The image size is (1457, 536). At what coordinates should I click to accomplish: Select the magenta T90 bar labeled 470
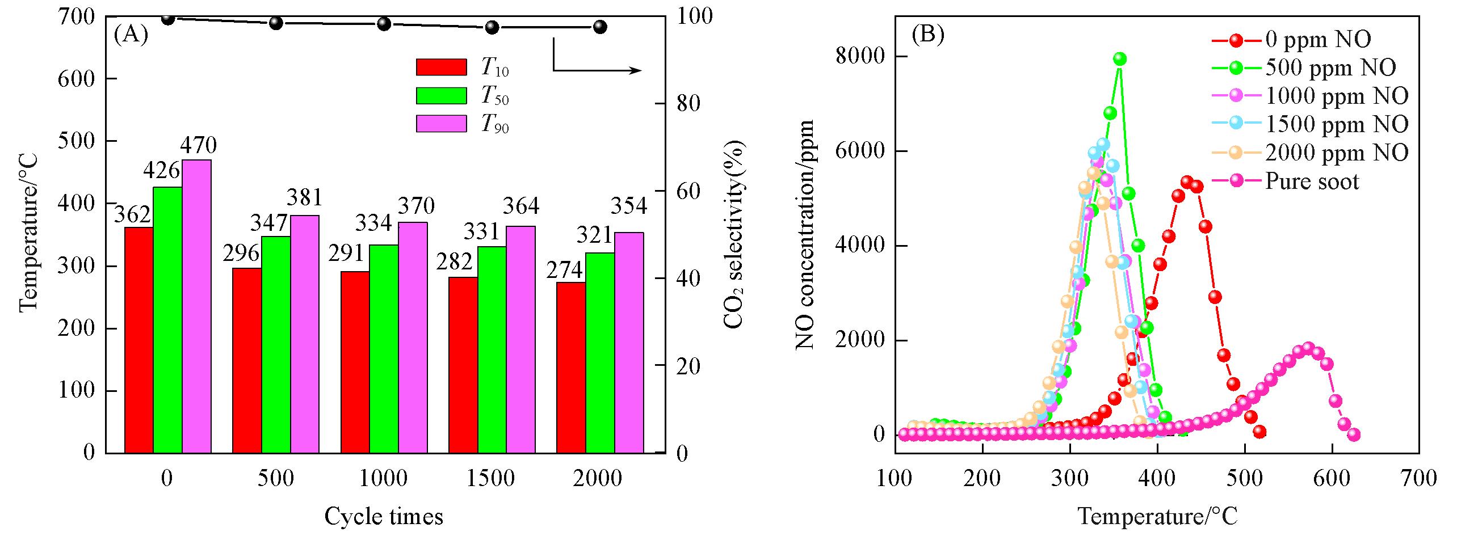coord(196,306)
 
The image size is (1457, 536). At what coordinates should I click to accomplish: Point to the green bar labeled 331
coord(492,349)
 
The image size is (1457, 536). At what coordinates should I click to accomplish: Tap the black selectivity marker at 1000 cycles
coord(384,24)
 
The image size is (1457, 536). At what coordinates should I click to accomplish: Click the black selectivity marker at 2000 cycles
coord(600,27)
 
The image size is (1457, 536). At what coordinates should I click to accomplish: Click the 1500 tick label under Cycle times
coord(491,478)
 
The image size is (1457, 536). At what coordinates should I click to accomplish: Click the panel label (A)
coord(131,35)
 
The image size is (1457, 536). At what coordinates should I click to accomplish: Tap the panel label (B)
coord(927,35)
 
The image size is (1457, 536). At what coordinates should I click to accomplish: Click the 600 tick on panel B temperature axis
coord(1332,478)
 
